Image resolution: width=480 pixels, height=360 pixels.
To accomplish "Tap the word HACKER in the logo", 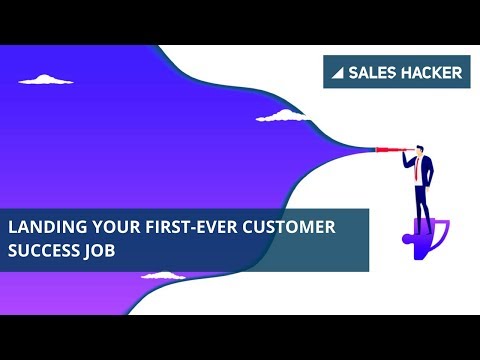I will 430,72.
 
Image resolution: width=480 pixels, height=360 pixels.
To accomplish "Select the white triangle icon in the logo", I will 338,73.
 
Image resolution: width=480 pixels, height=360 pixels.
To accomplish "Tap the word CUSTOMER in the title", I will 290,227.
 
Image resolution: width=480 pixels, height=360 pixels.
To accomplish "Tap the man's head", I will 419,149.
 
